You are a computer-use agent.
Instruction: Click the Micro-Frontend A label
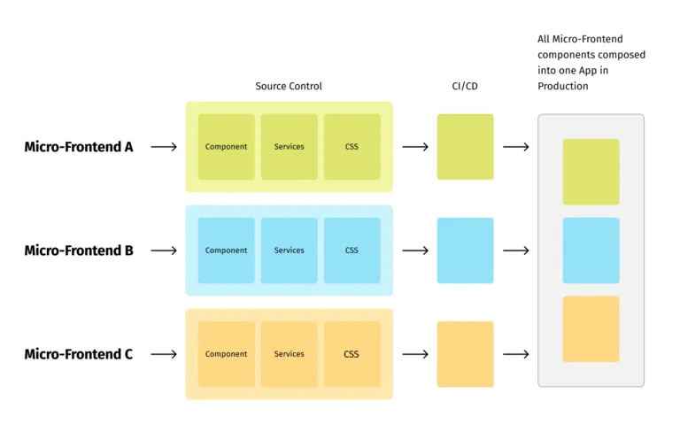pyautogui.click(x=79, y=147)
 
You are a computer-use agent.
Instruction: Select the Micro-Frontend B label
pyautogui.click(x=79, y=251)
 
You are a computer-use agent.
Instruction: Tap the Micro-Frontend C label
pyautogui.click(x=79, y=354)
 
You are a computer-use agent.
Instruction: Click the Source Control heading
pyautogui.click(x=289, y=86)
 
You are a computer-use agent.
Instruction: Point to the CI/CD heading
pyautogui.click(x=465, y=86)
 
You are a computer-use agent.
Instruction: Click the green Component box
pyautogui.click(x=227, y=147)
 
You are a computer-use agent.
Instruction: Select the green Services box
pyautogui.click(x=290, y=147)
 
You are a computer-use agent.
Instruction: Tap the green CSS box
pyautogui.click(x=352, y=147)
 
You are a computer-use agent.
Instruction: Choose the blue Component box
pyautogui.click(x=227, y=251)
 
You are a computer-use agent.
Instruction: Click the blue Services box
pyautogui.click(x=290, y=251)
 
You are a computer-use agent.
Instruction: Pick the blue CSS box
pyautogui.click(x=352, y=251)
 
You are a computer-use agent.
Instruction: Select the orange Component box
pyautogui.click(x=227, y=354)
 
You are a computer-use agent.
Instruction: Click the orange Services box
pyautogui.click(x=290, y=354)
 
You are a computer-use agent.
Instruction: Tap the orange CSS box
pyautogui.click(x=352, y=354)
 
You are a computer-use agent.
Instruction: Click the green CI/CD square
pyautogui.click(x=465, y=147)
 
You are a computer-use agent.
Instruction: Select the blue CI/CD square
pyautogui.click(x=465, y=251)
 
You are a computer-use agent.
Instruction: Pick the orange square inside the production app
pyautogui.click(x=591, y=329)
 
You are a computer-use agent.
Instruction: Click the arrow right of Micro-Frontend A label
pyautogui.click(x=164, y=147)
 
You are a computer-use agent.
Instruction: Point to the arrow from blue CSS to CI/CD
pyautogui.click(x=415, y=251)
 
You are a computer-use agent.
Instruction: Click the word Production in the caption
pyautogui.click(x=563, y=86)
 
